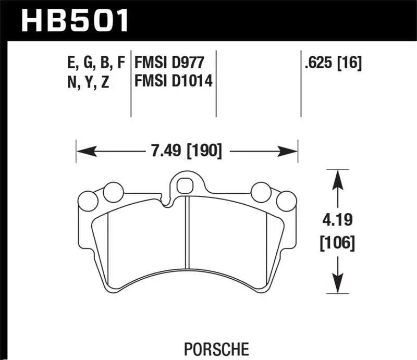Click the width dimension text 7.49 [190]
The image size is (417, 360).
pos(186,152)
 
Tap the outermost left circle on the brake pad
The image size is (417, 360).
pos(87,201)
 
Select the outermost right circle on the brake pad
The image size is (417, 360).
pos(285,201)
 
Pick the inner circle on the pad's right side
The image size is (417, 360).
pos(260,192)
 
